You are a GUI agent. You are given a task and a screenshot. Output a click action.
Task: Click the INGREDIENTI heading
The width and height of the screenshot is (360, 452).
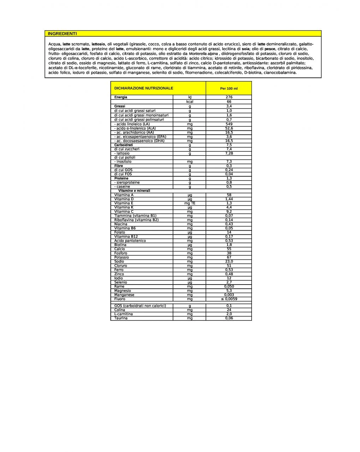pos(62,33)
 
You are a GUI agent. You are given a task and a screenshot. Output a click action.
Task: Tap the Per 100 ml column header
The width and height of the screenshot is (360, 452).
pos(229,88)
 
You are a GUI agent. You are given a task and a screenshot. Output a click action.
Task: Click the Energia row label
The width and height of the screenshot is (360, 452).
pos(121,97)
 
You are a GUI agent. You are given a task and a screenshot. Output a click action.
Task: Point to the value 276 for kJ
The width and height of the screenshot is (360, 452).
pos(229,97)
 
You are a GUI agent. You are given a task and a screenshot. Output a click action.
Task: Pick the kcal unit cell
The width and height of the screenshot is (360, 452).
pos(190,102)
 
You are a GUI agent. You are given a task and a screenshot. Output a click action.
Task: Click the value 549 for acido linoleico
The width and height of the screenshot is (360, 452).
pos(229,124)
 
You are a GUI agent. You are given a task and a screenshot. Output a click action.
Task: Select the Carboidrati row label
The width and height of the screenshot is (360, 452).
pos(124,145)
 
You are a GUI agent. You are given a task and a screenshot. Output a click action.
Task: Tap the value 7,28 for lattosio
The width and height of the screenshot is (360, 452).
pos(229,153)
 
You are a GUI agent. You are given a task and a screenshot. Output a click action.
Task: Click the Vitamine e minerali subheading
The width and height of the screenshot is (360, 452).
pos(134,191)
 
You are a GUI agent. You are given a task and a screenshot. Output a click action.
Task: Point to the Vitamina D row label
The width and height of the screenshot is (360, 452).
pos(124,199)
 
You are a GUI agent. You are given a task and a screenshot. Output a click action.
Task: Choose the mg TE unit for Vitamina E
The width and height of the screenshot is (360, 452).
pos(190,203)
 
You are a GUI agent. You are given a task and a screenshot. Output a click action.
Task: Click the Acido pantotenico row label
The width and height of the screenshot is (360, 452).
pos(130,241)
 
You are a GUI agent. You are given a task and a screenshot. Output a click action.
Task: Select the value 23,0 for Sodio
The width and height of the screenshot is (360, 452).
pos(229,262)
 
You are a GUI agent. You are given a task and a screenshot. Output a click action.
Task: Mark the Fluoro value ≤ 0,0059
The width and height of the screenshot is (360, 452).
pos(229,299)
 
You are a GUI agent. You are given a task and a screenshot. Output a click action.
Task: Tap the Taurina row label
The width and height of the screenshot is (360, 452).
pos(121,318)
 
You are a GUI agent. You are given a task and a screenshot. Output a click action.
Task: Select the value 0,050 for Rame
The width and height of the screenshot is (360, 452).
pos(229,287)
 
